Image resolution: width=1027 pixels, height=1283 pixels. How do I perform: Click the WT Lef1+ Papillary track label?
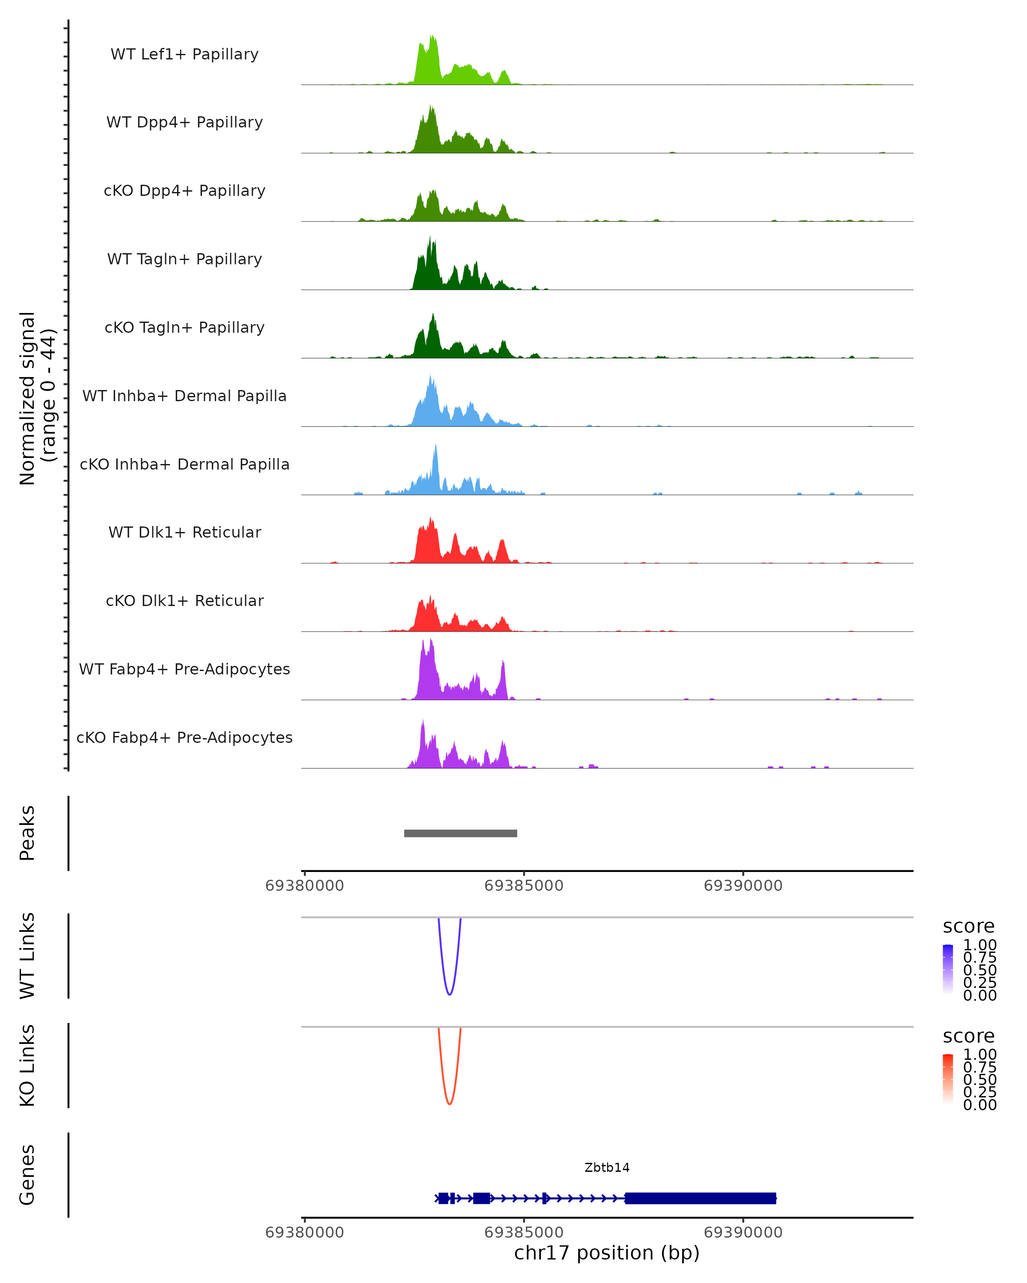point(184,54)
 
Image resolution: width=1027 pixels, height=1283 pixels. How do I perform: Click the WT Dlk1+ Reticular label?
point(184,532)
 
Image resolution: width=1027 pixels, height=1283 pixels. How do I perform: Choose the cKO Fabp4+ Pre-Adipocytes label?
point(184,737)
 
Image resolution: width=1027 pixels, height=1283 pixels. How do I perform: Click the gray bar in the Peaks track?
point(460,833)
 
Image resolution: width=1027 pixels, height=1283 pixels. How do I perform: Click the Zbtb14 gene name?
point(607,1168)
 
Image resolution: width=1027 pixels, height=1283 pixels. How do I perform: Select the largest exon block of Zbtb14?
point(700,1198)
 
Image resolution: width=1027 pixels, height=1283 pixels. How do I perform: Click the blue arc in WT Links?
point(449,994)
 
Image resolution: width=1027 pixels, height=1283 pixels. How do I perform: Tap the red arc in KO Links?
point(449,1104)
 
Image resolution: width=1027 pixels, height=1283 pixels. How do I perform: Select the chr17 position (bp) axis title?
point(607,1253)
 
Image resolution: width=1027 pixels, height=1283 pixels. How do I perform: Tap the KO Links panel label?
point(27,1065)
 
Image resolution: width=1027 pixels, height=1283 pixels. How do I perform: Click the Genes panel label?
point(27,1175)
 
